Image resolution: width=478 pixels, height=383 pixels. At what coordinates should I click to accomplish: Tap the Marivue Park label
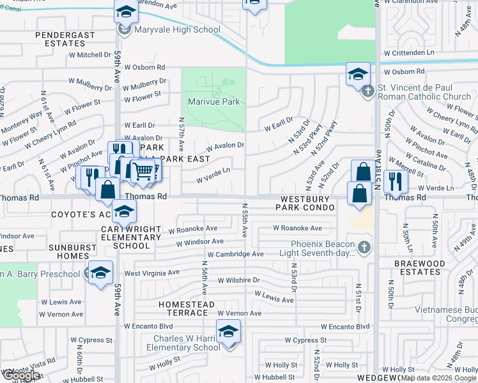tap(213, 101)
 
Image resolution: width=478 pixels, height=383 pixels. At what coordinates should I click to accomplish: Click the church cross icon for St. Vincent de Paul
tap(367, 92)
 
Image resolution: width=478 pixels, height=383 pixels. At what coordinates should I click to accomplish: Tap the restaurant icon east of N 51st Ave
tap(396, 181)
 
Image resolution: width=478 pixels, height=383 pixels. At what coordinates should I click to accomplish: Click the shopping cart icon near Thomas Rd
tap(143, 170)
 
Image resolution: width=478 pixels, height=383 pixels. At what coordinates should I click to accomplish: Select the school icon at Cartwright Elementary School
tap(124, 211)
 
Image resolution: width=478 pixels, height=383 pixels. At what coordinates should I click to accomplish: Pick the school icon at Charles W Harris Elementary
tap(228, 331)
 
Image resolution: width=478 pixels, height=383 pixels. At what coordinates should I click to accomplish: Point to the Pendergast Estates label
tap(61, 39)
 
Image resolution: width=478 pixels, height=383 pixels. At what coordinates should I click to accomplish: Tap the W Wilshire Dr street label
tap(239, 280)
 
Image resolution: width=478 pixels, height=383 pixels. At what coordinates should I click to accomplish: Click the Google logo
tap(21, 375)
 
